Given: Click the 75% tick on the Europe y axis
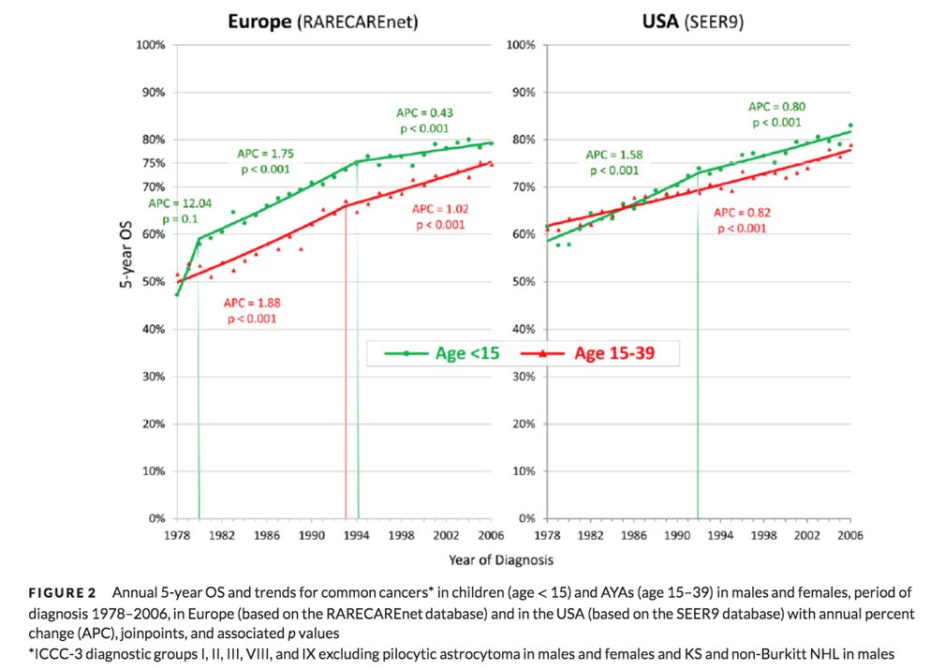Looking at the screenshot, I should tap(153, 163).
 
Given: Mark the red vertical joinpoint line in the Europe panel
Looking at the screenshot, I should tap(347, 375).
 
